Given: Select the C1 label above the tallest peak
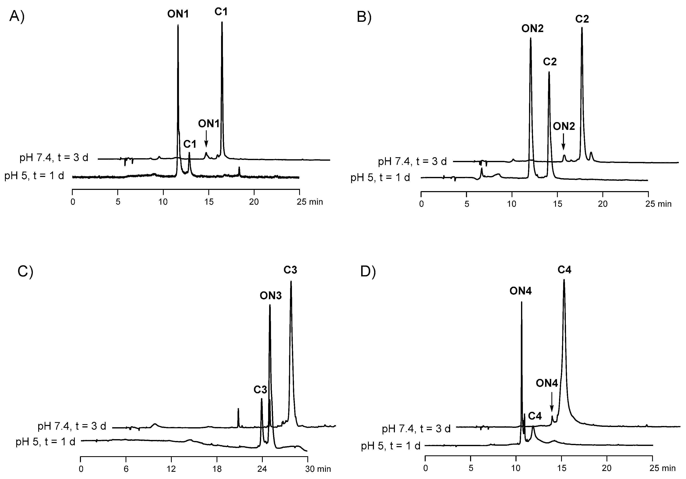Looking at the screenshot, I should [221, 12].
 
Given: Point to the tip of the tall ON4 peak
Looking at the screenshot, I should [522, 302].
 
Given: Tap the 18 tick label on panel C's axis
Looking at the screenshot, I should [217, 469].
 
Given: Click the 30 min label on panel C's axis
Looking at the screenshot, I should [318, 469].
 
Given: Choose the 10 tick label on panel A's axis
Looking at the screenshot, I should [163, 202].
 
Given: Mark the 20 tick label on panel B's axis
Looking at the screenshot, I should [603, 204].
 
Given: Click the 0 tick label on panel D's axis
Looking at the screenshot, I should [425, 468].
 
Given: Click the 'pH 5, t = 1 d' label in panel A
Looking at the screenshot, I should [34, 176].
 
